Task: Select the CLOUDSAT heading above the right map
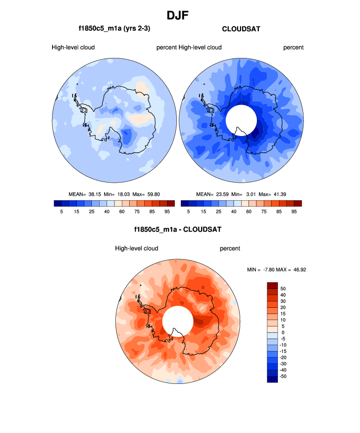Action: tap(241, 29)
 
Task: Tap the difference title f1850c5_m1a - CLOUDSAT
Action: tap(177, 229)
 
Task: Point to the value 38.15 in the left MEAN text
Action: tap(94, 193)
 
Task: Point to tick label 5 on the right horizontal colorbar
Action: tap(189, 212)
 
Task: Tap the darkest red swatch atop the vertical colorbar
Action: tap(273, 285)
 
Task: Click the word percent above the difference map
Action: tap(230, 248)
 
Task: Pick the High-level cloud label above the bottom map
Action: tap(137, 248)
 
